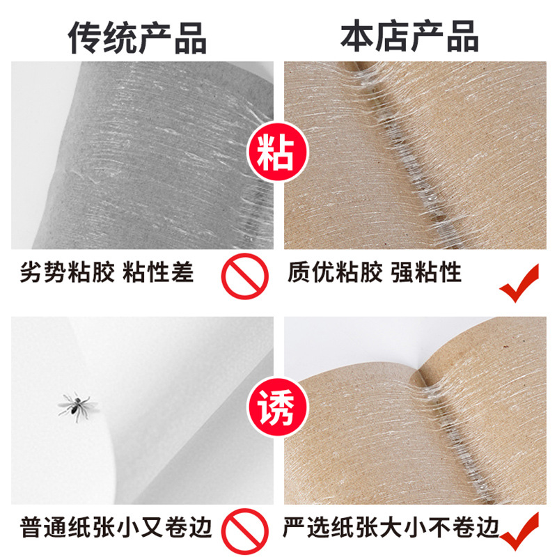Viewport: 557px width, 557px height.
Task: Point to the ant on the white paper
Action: tap(74, 405)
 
